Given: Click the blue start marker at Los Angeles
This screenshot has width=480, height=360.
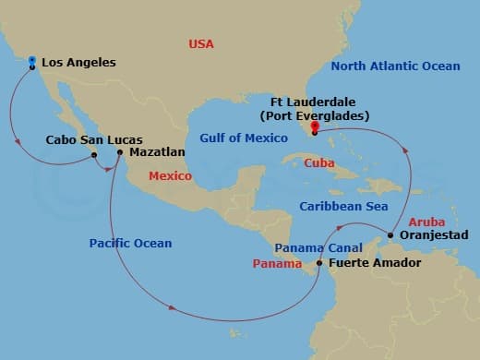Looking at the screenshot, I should point(32,62).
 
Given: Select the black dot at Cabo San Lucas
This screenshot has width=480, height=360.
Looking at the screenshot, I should point(94,155).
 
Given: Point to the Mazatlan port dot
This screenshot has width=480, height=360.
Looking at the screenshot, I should point(120,152).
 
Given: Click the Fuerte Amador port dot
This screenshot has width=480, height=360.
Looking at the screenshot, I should point(318,263).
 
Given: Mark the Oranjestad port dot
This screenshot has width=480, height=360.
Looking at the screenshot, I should point(390,235).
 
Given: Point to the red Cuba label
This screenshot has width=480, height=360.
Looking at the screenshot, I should point(320,163).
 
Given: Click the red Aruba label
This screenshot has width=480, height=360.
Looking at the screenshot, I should point(426,222).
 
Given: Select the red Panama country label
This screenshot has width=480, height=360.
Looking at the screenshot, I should point(277,264).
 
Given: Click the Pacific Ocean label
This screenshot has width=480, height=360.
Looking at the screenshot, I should point(130,244).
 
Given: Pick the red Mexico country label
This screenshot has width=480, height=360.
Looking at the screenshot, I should point(170,175).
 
